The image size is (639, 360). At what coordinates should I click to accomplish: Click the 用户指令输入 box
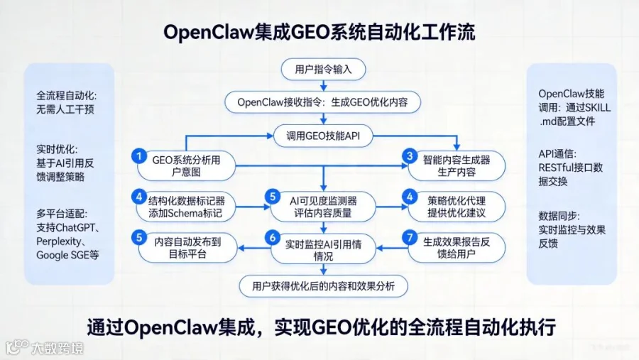[x=323, y=70]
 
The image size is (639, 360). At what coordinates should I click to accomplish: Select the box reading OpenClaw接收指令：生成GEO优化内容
[x=323, y=102]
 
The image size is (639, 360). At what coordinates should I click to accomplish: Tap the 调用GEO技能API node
[x=323, y=136]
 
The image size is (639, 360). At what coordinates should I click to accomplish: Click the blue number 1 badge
[x=139, y=156]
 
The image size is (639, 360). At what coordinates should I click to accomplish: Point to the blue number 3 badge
[x=410, y=156]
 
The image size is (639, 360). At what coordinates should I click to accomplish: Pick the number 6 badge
[x=272, y=237]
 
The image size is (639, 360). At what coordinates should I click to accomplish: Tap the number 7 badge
[x=410, y=237]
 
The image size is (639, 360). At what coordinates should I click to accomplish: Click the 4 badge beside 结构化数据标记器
[x=139, y=197]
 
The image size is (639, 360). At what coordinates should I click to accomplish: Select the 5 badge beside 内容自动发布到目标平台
[x=139, y=237]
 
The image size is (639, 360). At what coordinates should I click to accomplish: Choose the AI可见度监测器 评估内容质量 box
[x=323, y=207]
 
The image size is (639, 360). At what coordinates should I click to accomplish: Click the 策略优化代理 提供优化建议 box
[x=457, y=207]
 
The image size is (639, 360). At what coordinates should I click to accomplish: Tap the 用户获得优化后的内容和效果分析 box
[x=323, y=286]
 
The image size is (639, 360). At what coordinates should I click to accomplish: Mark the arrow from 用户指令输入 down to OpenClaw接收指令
[x=323, y=86]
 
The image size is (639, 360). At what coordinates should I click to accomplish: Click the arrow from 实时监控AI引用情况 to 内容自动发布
[x=254, y=248]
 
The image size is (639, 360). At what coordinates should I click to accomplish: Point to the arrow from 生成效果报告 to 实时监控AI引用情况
[x=392, y=248]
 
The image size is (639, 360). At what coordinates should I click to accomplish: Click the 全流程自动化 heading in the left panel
[x=67, y=96]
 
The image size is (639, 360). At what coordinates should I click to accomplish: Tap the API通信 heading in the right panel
[x=557, y=153]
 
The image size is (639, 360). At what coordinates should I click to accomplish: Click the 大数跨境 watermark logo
[x=45, y=348]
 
